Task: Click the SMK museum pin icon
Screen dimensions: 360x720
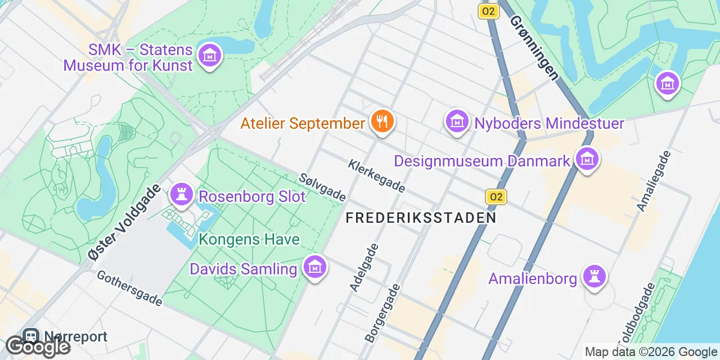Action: click(210, 56)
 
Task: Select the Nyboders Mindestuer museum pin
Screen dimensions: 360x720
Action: click(457, 121)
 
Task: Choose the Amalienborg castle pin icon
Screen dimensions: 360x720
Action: click(595, 276)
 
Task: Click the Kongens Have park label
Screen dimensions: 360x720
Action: click(249, 240)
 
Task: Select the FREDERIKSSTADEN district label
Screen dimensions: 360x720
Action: click(421, 218)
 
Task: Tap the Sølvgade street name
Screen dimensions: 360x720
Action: click(322, 187)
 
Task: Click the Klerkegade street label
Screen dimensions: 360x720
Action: click(376, 175)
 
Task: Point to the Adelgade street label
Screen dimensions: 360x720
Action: click(363, 267)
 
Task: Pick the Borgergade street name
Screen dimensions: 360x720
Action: click(382, 313)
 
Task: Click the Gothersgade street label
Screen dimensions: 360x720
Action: click(129, 289)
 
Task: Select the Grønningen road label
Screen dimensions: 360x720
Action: click(534, 47)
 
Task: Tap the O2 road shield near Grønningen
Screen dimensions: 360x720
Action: click(488, 11)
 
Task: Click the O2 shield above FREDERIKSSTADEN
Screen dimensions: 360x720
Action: click(496, 196)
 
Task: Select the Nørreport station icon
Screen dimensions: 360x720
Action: click(30, 336)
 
